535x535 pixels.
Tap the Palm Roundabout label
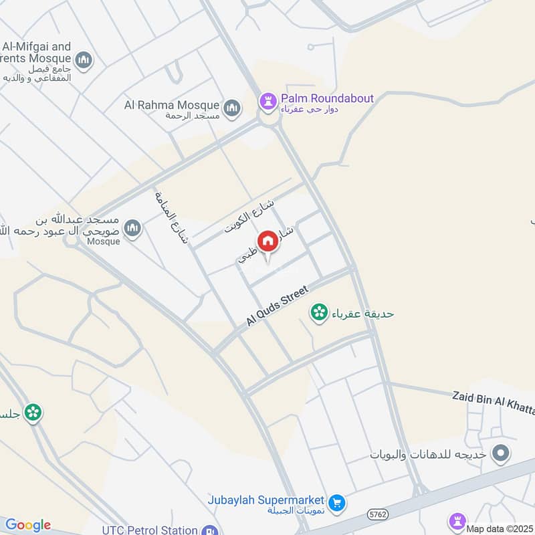[327, 98]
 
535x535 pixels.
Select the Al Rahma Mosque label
[172, 105]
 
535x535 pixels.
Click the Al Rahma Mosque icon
[232, 107]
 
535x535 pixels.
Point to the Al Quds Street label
[276, 306]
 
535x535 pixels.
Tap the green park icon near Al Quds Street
[319, 312]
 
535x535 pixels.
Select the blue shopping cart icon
[337, 502]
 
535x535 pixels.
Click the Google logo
[28, 525]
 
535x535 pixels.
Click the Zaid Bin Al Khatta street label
[494, 397]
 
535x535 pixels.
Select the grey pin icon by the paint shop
[500, 455]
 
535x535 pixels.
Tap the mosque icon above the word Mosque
[133, 229]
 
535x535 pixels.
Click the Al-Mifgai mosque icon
[84, 62]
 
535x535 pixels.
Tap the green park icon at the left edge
[32, 413]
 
